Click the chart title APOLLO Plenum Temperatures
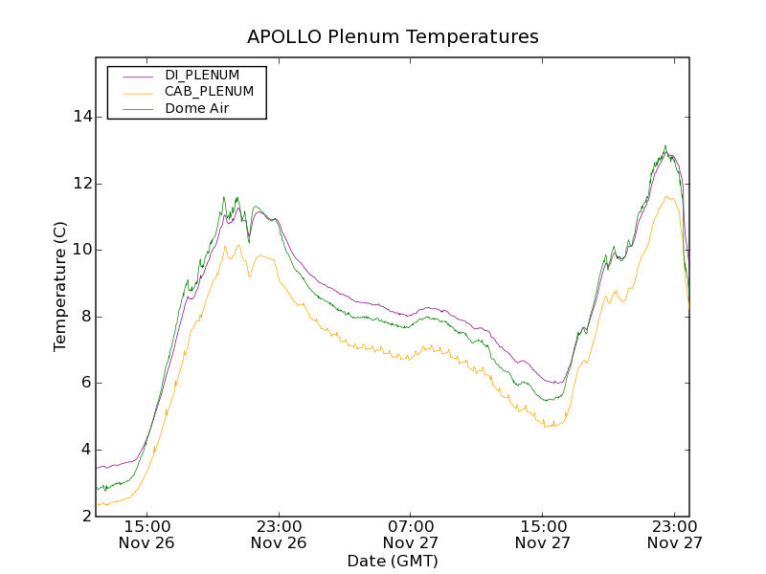click(x=393, y=37)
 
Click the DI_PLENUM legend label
click(x=202, y=75)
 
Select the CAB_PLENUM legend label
click(x=209, y=92)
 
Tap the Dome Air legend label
click(x=197, y=109)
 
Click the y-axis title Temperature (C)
click(x=60, y=286)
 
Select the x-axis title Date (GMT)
click(x=393, y=561)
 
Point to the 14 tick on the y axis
click(x=82, y=117)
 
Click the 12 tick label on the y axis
click(x=82, y=184)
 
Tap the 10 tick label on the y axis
click(x=82, y=250)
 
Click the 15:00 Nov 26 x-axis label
click(x=147, y=534)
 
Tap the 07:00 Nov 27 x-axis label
click(x=411, y=534)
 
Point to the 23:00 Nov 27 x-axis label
click(x=675, y=534)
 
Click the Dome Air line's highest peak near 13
click(x=665, y=146)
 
